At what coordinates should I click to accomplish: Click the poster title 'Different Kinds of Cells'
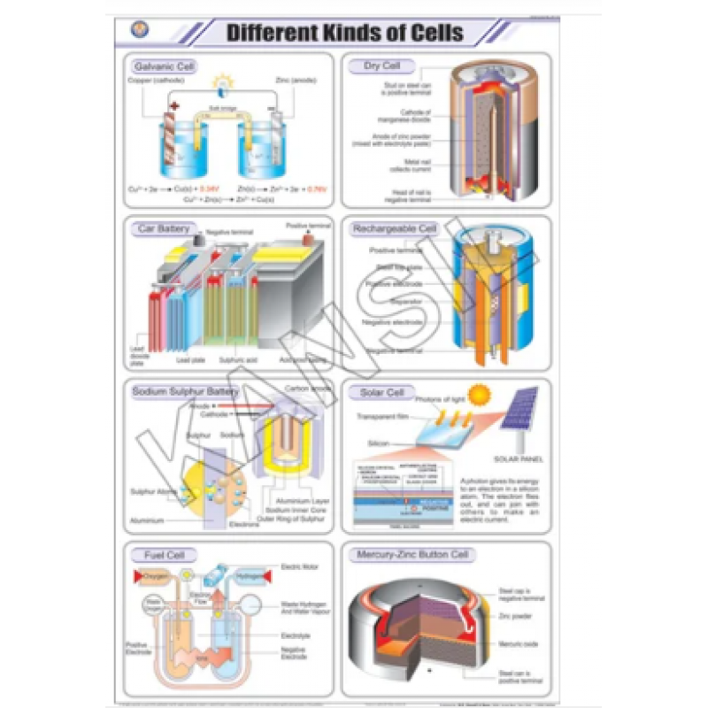tap(344, 34)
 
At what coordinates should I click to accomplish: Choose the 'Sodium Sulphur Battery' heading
tap(185, 390)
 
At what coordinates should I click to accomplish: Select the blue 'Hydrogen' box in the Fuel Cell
tap(249, 576)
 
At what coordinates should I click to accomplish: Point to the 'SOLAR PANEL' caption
tap(519, 460)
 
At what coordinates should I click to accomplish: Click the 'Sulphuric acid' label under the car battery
tap(236, 360)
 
